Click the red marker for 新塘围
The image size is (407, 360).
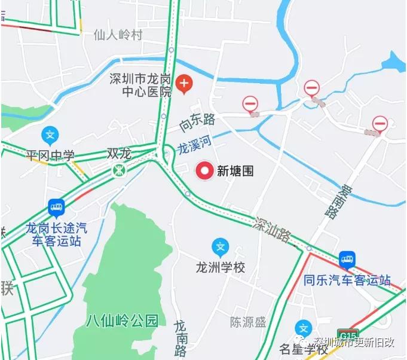(x=205, y=171)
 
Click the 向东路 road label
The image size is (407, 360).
(x=197, y=123)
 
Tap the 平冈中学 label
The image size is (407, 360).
(x=50, y=156)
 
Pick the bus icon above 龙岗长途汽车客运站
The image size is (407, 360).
(x=56, y=208)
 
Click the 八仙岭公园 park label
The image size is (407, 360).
(x=122, y=320)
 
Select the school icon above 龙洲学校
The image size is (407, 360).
(x=221, y=246)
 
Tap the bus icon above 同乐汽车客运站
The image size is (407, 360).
(x=347, y=259)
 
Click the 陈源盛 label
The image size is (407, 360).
(x=248, y=322)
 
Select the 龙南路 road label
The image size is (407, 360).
(x=180, y=338)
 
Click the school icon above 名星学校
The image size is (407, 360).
(x=304, y=328)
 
